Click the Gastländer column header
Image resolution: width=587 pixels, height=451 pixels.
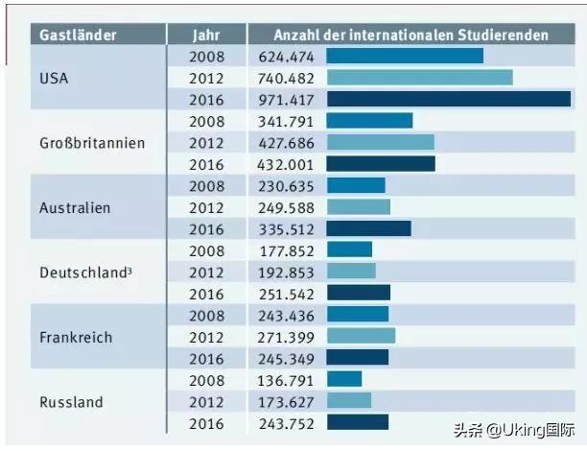click(x=78, y=36)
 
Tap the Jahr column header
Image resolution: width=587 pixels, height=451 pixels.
click(x=206, y=36)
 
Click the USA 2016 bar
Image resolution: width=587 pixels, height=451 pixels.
click(x=449, y=99)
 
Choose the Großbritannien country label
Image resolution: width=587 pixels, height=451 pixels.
click(x=92, y=143)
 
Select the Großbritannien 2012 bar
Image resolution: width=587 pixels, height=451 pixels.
click(x=380, y=142)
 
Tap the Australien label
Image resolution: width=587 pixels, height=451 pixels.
click(x=75, y=207)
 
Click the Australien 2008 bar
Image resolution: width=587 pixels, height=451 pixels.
click(x=356, y=185)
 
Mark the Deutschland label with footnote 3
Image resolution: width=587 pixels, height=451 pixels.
click(x=85, y=273)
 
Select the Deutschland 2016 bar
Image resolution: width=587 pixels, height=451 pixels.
click(x=359, y=293)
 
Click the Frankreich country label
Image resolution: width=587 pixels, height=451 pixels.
click(x=76, y=337)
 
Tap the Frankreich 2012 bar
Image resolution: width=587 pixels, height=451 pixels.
click(x=361, y=336)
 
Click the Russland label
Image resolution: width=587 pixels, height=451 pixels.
click(x=71, y=401)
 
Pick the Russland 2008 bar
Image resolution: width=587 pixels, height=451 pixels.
click(x=344, y=379)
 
